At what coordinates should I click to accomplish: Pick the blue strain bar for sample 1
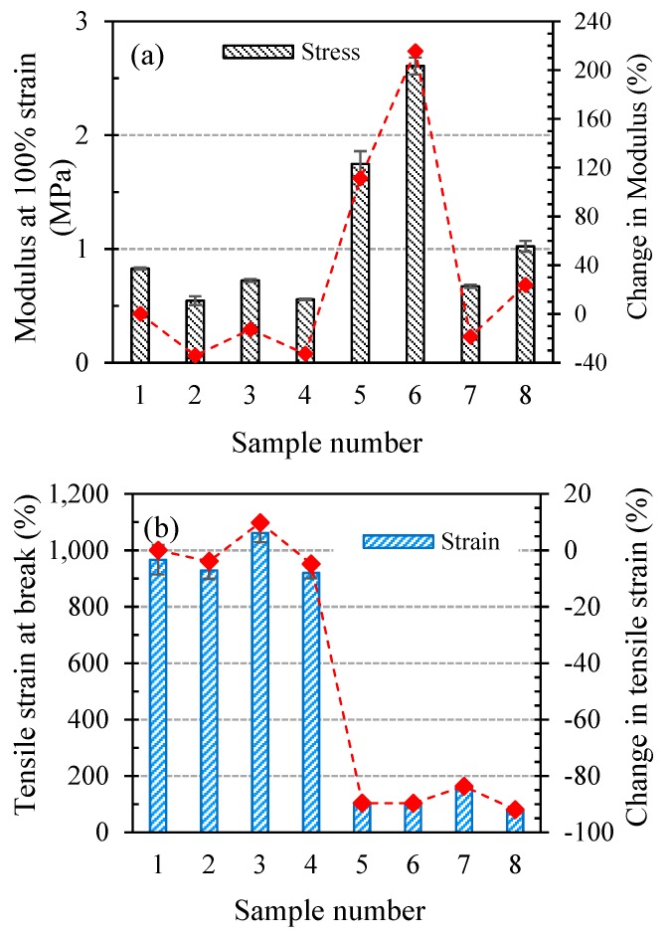(x=157, y=696)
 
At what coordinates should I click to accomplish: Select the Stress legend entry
(x=292, y=53)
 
